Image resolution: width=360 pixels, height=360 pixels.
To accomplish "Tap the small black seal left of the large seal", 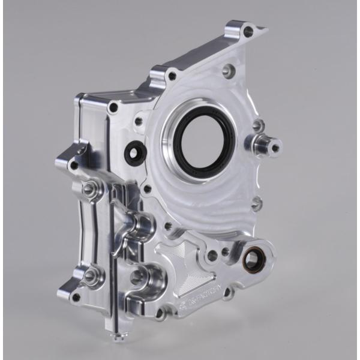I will point(134,152).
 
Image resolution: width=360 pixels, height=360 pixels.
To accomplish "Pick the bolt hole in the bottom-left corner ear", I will point(75,296).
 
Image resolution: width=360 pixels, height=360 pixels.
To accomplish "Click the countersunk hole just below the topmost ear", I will point(228,70).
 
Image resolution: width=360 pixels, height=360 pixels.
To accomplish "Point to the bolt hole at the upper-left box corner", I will point(112,108).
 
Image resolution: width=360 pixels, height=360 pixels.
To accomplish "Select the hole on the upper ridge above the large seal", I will point(172,76).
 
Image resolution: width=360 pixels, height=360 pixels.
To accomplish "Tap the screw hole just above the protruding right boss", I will point(258,126).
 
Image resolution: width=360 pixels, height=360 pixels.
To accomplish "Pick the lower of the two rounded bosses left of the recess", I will point(139,277).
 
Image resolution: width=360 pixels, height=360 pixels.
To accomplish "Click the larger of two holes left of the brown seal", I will point(212,256).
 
